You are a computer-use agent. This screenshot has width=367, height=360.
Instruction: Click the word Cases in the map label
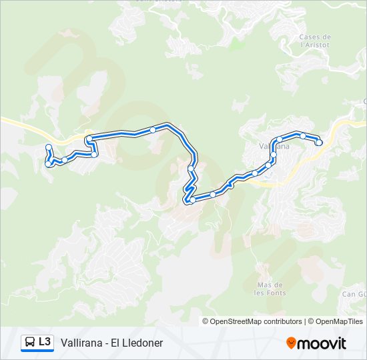click(x=308, y=37)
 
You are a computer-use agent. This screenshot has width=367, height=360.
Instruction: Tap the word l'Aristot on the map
click(x=316, y=45)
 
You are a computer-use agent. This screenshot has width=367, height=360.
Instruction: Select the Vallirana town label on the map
click(x=273, y=144)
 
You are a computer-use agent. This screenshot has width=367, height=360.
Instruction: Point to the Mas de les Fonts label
click(x=270, y=288)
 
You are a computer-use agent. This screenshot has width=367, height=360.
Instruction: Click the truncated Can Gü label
click(x=354, y=293)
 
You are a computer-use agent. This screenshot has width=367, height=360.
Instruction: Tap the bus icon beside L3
click(x=30, y=343)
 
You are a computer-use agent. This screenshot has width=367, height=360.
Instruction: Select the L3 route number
click(x=45, y=342)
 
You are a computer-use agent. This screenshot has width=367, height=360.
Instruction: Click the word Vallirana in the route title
click(x=81, y=343)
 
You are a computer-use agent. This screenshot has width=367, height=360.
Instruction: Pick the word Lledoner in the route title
click(x=143, y=343)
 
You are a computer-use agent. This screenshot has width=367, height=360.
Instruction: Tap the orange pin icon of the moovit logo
click(x=291, y=343)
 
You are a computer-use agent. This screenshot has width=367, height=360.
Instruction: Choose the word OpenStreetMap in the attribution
click(x=237, y=321)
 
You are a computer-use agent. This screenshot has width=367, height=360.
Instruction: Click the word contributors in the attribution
click(x=284, y=321)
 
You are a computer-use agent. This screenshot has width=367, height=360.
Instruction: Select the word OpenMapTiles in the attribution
click(x=340, y=321)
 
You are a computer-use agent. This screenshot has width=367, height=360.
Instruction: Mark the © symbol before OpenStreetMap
click(x=206, y=321)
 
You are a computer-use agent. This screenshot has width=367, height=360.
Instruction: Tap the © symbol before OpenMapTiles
click(x=312, y=321)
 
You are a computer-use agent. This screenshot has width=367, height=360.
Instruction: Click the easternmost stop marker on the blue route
click(x=319, y=142)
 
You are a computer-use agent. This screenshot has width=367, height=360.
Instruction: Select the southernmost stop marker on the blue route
click(x=192, y=200)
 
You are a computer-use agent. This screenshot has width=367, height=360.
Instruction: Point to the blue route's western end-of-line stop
click(x=48, y=147)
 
